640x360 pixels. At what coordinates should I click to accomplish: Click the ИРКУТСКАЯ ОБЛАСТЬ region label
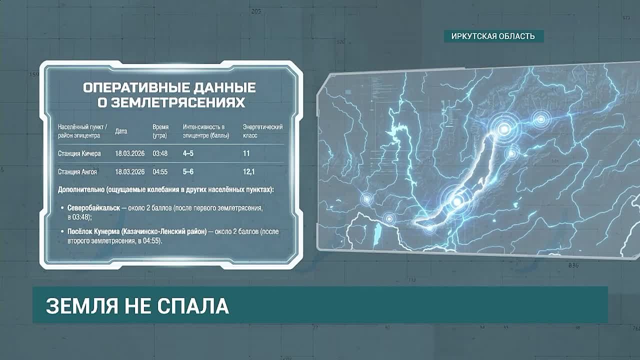pos(493,36)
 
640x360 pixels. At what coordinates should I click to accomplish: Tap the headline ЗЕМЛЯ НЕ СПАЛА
pos(137,306)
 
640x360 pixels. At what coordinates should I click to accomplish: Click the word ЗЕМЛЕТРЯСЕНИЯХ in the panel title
pos(171,103)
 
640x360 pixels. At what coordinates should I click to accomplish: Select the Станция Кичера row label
pos(79,153)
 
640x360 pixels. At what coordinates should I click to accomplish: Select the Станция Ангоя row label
pos(77,171)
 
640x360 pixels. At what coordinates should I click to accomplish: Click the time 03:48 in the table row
pos(160,153)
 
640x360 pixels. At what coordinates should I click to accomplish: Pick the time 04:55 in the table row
pos(160,171)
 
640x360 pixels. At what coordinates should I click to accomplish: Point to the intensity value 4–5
pos(188,153)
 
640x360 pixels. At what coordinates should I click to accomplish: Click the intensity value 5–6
pos(188,171)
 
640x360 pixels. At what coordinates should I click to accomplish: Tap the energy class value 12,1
pos(248,171)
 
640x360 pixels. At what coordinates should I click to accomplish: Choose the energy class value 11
pos(246,153)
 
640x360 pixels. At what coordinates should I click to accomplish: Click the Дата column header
pos(121,131)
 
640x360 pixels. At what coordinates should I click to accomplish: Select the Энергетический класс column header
pos(263,131)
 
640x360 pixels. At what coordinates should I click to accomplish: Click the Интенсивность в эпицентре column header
pos(206,131)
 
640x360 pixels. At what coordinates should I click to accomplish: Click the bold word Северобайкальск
pos(93,207)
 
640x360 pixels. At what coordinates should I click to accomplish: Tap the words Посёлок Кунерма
pos(93,231)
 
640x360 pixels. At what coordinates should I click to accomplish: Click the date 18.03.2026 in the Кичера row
pos(129,153)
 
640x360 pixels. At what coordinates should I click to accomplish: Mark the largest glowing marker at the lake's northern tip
pos(504,129)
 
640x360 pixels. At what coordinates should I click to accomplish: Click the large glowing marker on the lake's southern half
pos(457,201)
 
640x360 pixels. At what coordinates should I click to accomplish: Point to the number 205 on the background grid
pos(256,11)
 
